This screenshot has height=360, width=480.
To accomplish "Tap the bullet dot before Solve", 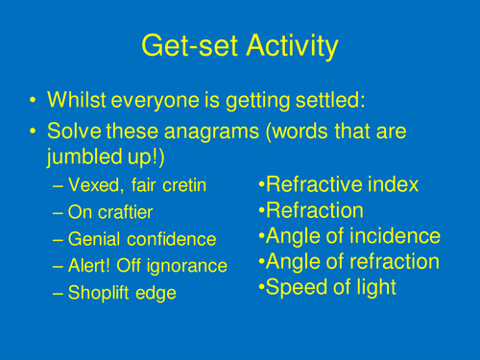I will pyautogui.click(x=35, y=132).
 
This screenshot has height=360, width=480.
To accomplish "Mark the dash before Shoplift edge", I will pyautogui.click(x=59, y=294).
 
